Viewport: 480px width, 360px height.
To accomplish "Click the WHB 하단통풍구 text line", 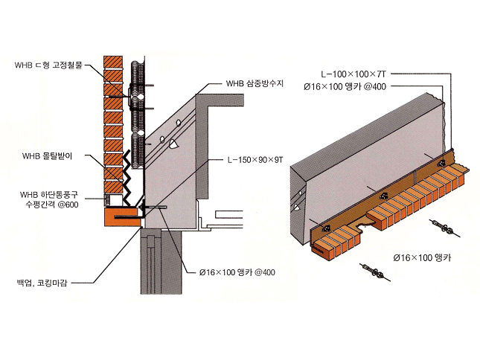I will [50, 195].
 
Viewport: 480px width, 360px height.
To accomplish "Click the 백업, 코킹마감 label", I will [45, 283].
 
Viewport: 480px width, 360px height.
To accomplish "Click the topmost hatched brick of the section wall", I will [112, 60].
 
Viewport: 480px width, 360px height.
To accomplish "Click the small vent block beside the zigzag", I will [112, 199].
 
